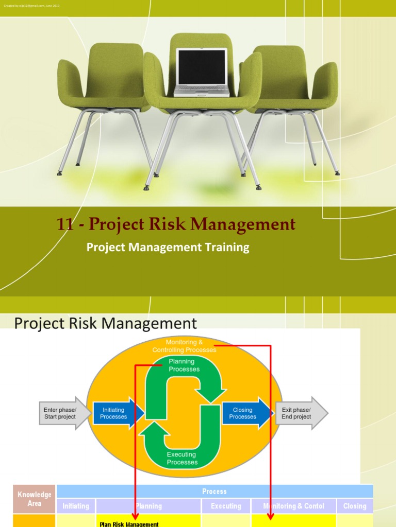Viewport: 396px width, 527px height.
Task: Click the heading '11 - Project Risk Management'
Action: [176, 224]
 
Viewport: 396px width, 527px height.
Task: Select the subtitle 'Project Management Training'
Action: [168, 248]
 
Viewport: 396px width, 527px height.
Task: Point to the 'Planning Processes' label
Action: [184, 365]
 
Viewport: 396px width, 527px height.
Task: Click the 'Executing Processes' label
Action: [181, 458]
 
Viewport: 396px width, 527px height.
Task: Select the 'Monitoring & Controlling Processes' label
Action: [184, 346]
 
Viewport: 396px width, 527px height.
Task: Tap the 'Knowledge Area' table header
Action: [35, 499]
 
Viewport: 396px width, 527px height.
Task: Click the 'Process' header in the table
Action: [214, 491]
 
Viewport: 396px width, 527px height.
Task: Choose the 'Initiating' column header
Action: [76, 506]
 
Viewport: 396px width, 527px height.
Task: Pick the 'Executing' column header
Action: [226, 506]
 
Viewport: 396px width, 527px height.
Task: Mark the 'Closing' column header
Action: [355, 506]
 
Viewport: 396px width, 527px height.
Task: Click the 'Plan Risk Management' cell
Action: [129, 523]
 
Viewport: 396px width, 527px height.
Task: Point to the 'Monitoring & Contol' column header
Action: [293, 506]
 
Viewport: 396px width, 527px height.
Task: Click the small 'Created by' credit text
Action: [31, 5]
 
